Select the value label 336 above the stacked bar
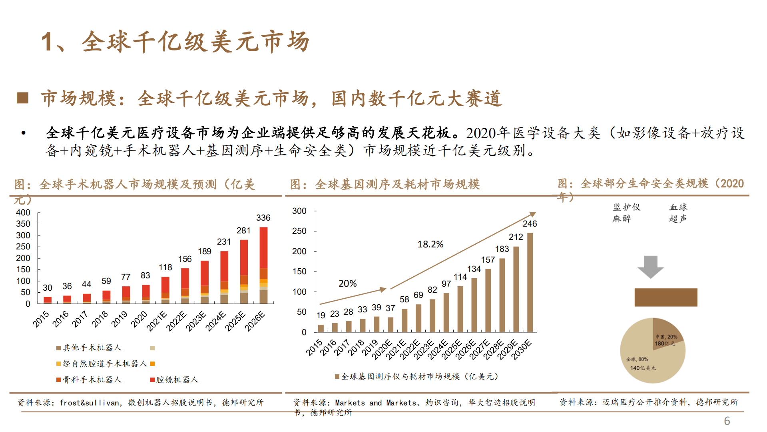[263, 218]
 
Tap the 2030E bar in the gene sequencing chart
[530, 283]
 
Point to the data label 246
[530, 224]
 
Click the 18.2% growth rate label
[430, 244]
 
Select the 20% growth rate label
[347, 283]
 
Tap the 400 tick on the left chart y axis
[23, 213]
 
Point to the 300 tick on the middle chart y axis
[299, 211]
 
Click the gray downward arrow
[650, 267]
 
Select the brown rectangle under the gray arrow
[665, 297]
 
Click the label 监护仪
[626, 207]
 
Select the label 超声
[677, 219]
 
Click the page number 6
[727, 421]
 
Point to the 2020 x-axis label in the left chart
[139, 319]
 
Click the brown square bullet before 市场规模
[23, 98]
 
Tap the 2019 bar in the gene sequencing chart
[377, 324]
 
